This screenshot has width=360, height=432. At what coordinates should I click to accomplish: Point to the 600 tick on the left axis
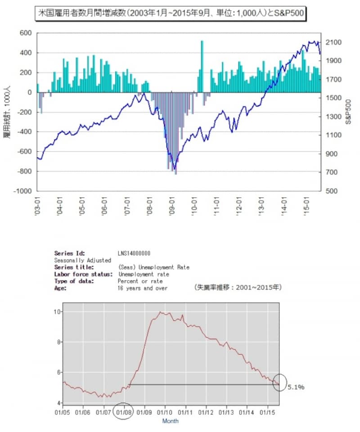26,33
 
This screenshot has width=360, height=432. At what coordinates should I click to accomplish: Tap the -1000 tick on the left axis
23,191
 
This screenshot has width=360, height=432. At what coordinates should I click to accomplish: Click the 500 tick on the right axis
329,191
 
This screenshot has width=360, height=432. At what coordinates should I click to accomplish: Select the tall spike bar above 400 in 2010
202,65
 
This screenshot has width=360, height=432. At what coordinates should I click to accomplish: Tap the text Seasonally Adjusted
82,260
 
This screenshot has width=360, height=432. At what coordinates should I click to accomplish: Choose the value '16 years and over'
143,288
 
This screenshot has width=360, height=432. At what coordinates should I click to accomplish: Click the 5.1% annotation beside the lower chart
296,386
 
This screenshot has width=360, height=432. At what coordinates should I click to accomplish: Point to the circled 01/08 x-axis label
123,411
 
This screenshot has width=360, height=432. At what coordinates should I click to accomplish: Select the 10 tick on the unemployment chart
57,311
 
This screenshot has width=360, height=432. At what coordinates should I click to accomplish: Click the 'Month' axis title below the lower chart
170,421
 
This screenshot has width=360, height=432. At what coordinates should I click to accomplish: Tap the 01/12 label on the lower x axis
206,411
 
